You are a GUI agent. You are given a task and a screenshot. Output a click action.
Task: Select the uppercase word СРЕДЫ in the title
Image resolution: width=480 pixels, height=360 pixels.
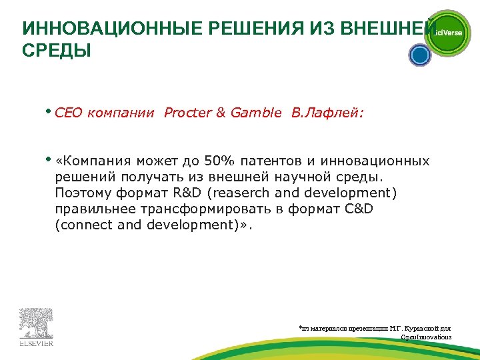(x=56, y=51)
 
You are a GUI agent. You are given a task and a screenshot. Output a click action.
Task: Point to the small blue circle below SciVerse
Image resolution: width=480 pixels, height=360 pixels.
(x=419, y=55)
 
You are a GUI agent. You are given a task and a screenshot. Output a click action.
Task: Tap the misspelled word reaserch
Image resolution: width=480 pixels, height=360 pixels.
(x=246, y=193)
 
